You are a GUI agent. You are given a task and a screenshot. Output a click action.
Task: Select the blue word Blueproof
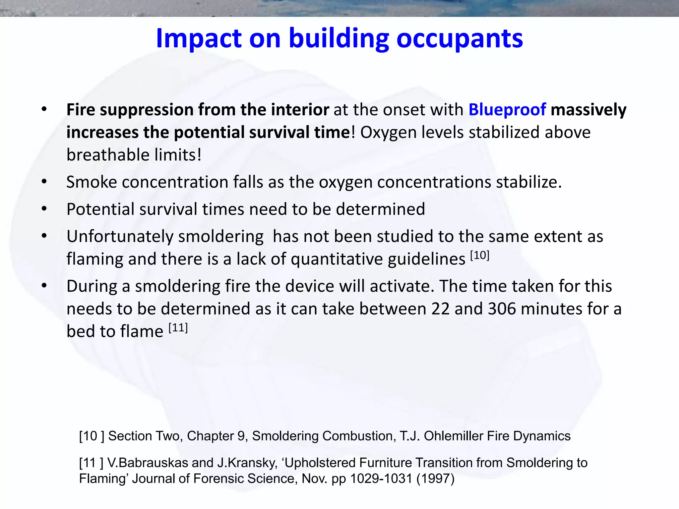[507, 110]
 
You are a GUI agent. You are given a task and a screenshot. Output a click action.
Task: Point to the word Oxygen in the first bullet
[384, 132]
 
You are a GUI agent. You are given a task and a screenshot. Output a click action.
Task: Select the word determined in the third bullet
[380, 209]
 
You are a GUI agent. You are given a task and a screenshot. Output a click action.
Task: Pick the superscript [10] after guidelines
[479, 255]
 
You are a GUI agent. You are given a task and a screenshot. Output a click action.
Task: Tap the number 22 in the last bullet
[440, 309]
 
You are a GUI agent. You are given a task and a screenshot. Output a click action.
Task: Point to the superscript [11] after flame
[178, 328]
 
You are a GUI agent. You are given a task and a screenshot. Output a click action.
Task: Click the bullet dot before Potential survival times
[44, 209]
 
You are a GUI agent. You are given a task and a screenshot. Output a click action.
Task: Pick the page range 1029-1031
[381, 479]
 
